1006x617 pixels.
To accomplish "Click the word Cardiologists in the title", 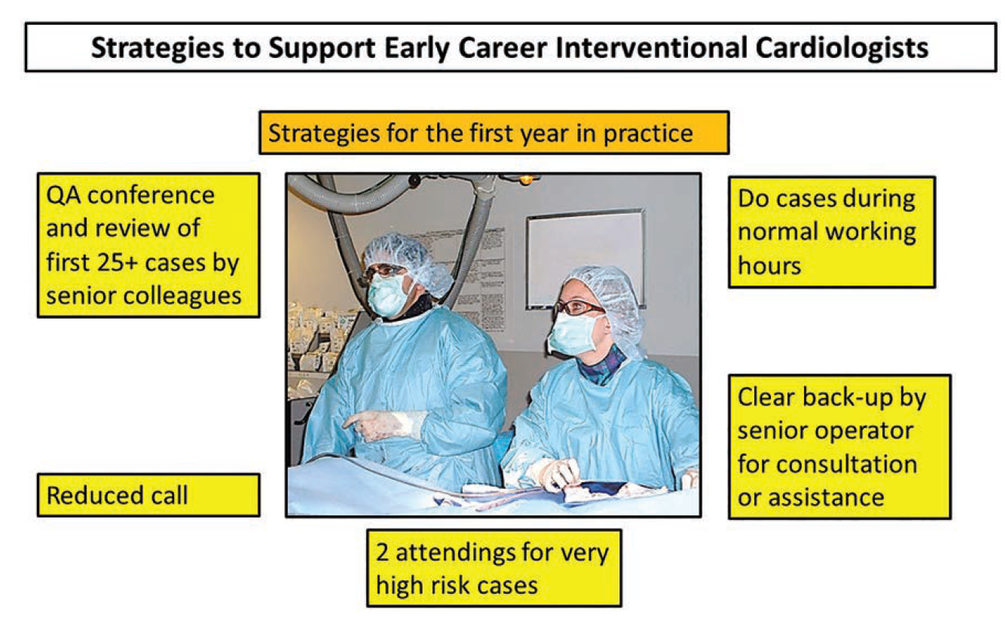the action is [842, 48].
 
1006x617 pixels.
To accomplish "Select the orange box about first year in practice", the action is [494, 133].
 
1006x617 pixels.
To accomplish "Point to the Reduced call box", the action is [148, 495].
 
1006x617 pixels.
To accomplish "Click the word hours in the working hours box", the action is [769, 265].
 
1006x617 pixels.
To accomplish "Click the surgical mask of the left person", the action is [387, 294].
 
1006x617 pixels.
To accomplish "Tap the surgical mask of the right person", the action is [573, 333].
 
